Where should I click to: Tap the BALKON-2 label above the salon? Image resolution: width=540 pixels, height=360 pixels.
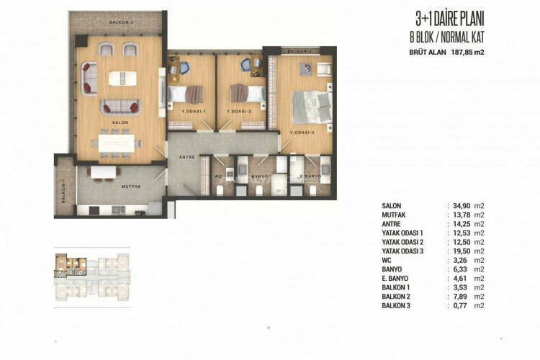click(x=122, y=22)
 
